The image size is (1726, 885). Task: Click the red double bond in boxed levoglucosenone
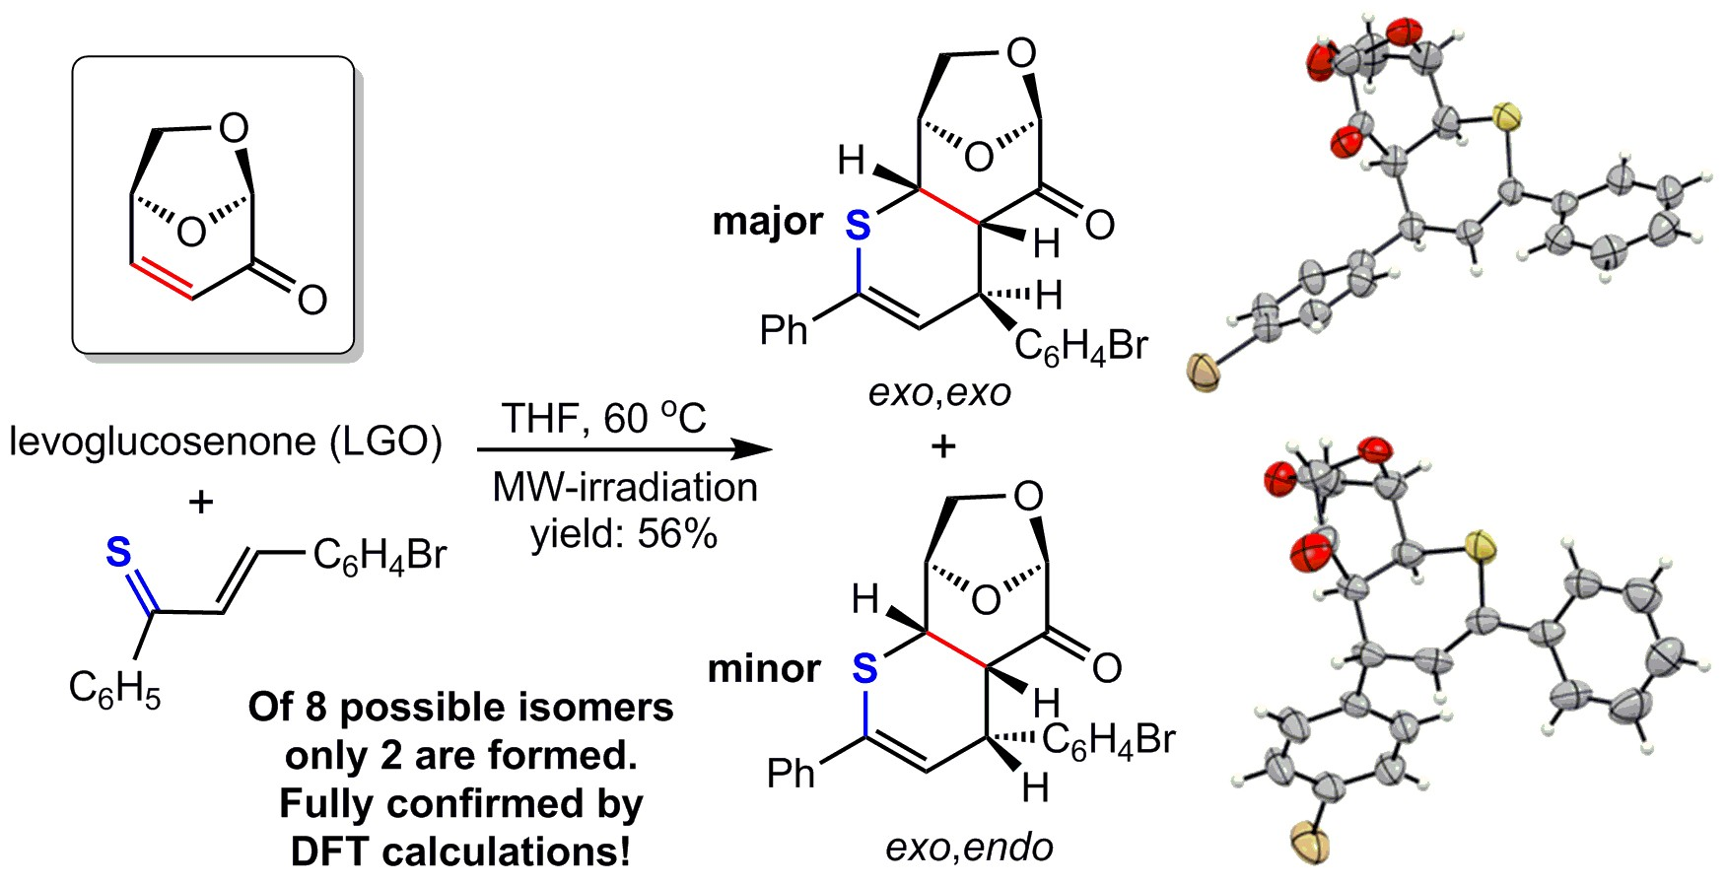pyautogui.click(x=164, y=278)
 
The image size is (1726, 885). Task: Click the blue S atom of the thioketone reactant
pyautogui.click(x=118, y=553)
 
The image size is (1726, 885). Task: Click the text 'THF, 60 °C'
pyautogui.click(x=603, y=418)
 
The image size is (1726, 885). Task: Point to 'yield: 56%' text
pyautogui.click(x=624, y=533)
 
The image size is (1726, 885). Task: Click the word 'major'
pyautogui.click(x=767, y=221)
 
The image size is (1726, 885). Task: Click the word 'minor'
pyautogui.click(x=764, y=669)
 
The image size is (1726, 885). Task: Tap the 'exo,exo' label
pyautogui.click(x=939, y=393)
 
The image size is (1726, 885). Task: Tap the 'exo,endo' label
pyautogui.click(x=969, y=847)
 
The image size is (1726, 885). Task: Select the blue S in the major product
pyautogui.click(x=859, y=227)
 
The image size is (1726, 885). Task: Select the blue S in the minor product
pyautogui.click(x=864, y=669)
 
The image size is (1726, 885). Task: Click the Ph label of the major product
pyautogui.click(x=784, y=330)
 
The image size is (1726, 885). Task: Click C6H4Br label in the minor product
pyautogui.click(x=1108, y=739)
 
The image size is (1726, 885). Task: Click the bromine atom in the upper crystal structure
pyautogui.click(x=1204, y=374)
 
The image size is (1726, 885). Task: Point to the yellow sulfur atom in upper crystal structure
pyautogui.click(x=1505, y=118)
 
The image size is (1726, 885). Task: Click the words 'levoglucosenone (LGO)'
pyautogui.click(x=226, y=441)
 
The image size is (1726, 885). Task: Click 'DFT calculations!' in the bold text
pyautogui.click(x=460, y=851)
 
